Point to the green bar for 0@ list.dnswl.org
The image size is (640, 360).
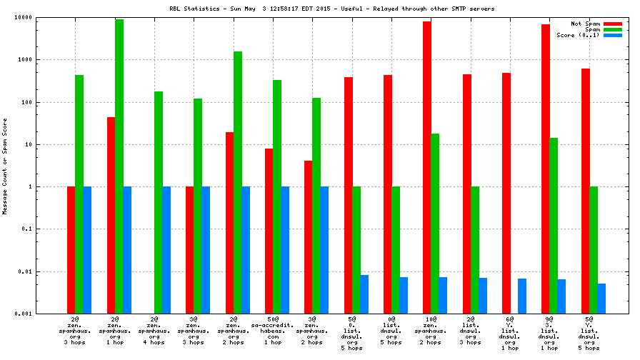tap(396, 250)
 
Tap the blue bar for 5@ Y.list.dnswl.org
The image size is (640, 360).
tap(601, 299)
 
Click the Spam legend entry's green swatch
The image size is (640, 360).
tap(613, 29)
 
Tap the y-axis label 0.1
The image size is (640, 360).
tap(43, 229)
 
